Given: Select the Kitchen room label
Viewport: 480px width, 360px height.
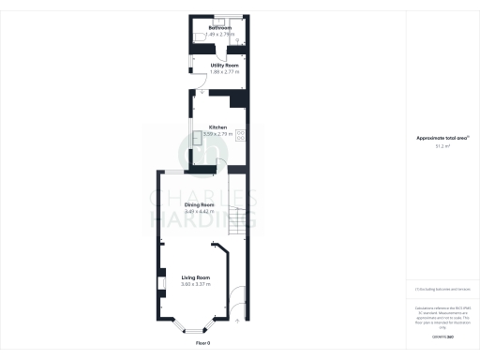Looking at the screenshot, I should pos(217,127).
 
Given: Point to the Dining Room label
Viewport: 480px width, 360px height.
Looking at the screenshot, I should pos(199,204).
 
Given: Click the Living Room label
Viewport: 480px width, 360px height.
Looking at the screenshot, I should pos(195,278).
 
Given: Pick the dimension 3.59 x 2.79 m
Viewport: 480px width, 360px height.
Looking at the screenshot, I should pos(217,134).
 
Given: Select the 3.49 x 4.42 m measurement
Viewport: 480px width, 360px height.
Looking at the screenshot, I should pos(199,211).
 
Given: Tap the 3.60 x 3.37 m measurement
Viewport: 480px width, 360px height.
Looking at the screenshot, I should pos(195,285).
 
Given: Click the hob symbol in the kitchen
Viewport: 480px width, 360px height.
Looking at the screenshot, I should pos(241,134).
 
